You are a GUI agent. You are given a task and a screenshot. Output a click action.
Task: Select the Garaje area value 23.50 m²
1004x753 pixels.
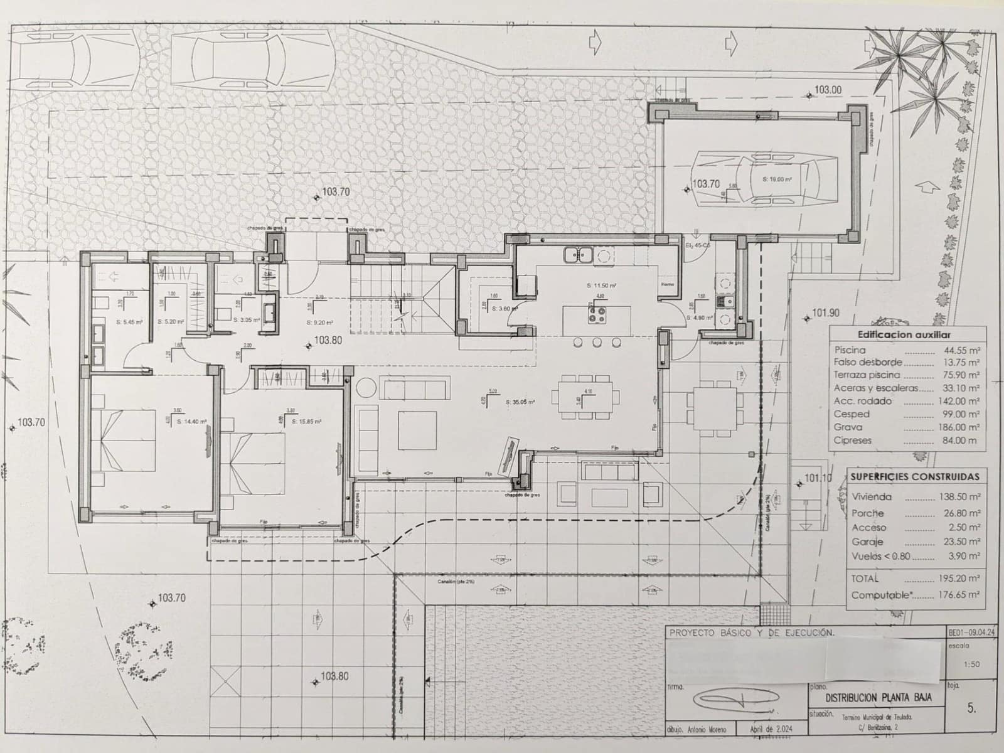pos(960,542)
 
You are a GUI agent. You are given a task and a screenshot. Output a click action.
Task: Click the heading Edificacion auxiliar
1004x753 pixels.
pos(904,335)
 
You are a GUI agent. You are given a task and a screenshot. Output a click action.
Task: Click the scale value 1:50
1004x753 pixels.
pos(971,664)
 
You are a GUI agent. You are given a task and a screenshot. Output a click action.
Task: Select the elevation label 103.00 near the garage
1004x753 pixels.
pos(828,90)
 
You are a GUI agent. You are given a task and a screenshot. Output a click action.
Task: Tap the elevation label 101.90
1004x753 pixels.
pos(826,312)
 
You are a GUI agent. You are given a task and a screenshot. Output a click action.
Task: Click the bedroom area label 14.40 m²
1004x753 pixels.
pos(192,422)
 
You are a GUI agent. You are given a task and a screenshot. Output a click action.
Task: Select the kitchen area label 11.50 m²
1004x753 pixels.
pos(601,286)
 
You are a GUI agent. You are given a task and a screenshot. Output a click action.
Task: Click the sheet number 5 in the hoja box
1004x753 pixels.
pos(971,708)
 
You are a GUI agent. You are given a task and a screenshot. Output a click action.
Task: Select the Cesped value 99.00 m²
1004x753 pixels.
pos(960,414)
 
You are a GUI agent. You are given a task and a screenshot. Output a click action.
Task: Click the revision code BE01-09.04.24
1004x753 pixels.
pos(971,634)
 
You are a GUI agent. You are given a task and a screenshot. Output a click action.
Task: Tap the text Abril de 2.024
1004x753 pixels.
pos(771,730)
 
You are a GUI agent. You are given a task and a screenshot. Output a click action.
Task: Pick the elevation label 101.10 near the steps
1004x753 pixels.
pos(818,478)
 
